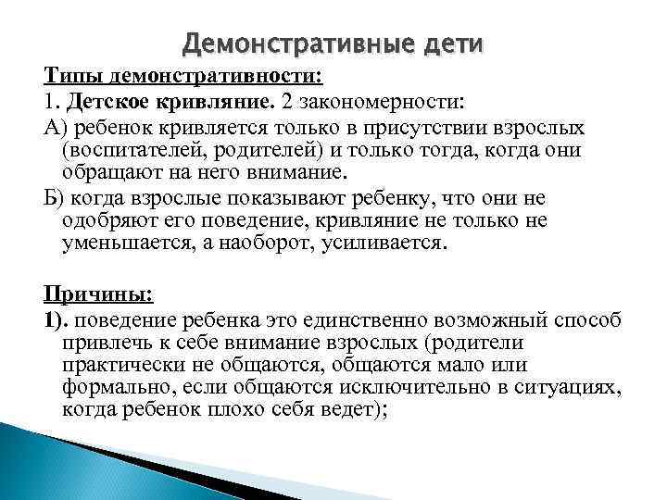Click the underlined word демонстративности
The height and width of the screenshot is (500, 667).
(x=216, y=76)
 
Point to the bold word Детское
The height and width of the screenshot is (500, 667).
(x=108, y=102)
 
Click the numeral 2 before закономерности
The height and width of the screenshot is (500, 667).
(x=286, y=102)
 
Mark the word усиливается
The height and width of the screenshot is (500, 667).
(x=385, y=244)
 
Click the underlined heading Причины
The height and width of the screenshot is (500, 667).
(x=98, y=294)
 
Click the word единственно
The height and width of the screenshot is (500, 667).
(x=365, y=320)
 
